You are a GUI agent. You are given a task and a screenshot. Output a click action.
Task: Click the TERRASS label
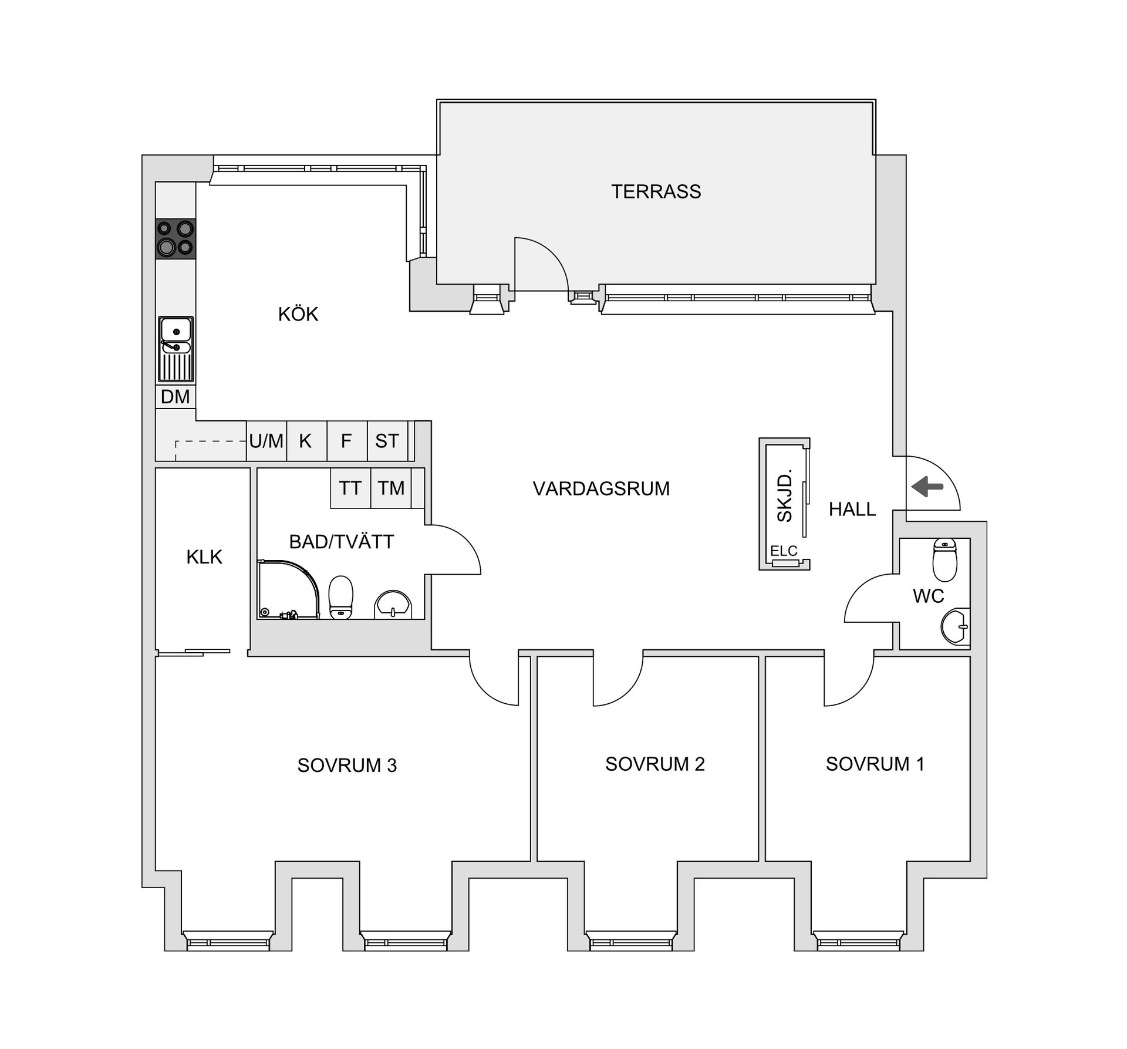click(656, 191)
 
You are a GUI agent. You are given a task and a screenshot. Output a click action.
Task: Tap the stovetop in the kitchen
click(176, 239)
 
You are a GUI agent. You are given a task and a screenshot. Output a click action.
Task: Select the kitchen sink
click(176, 349)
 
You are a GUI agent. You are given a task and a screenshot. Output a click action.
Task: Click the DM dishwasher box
click(176, 397)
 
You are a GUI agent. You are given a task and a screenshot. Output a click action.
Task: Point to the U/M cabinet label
click(266, 441)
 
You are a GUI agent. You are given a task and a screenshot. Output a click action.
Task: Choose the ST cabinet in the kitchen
click(387, 441)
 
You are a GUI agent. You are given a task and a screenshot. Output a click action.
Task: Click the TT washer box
click(350, 488)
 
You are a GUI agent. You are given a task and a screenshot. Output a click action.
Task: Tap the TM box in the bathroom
click(391, 488)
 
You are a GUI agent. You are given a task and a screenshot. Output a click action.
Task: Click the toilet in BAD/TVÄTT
click(341, 597)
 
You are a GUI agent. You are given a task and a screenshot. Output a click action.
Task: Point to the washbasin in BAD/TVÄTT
click(393, 605)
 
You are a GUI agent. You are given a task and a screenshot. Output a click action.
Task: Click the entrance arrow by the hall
click(927, 486)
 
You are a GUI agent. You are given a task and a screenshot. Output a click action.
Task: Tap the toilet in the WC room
click(944, 559)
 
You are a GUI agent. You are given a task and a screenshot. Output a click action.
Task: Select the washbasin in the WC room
click(956, 626)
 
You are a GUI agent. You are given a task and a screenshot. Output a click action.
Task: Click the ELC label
click(784, 551)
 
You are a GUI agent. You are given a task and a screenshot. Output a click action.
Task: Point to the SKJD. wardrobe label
click(784, 495)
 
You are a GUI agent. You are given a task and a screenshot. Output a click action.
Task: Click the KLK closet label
click(204, 556)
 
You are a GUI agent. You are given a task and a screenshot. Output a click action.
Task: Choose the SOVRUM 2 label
click(655, 764)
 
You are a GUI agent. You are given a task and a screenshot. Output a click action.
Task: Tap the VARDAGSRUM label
click(601, 488)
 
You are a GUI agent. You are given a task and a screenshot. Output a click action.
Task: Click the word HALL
click(852, 509)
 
